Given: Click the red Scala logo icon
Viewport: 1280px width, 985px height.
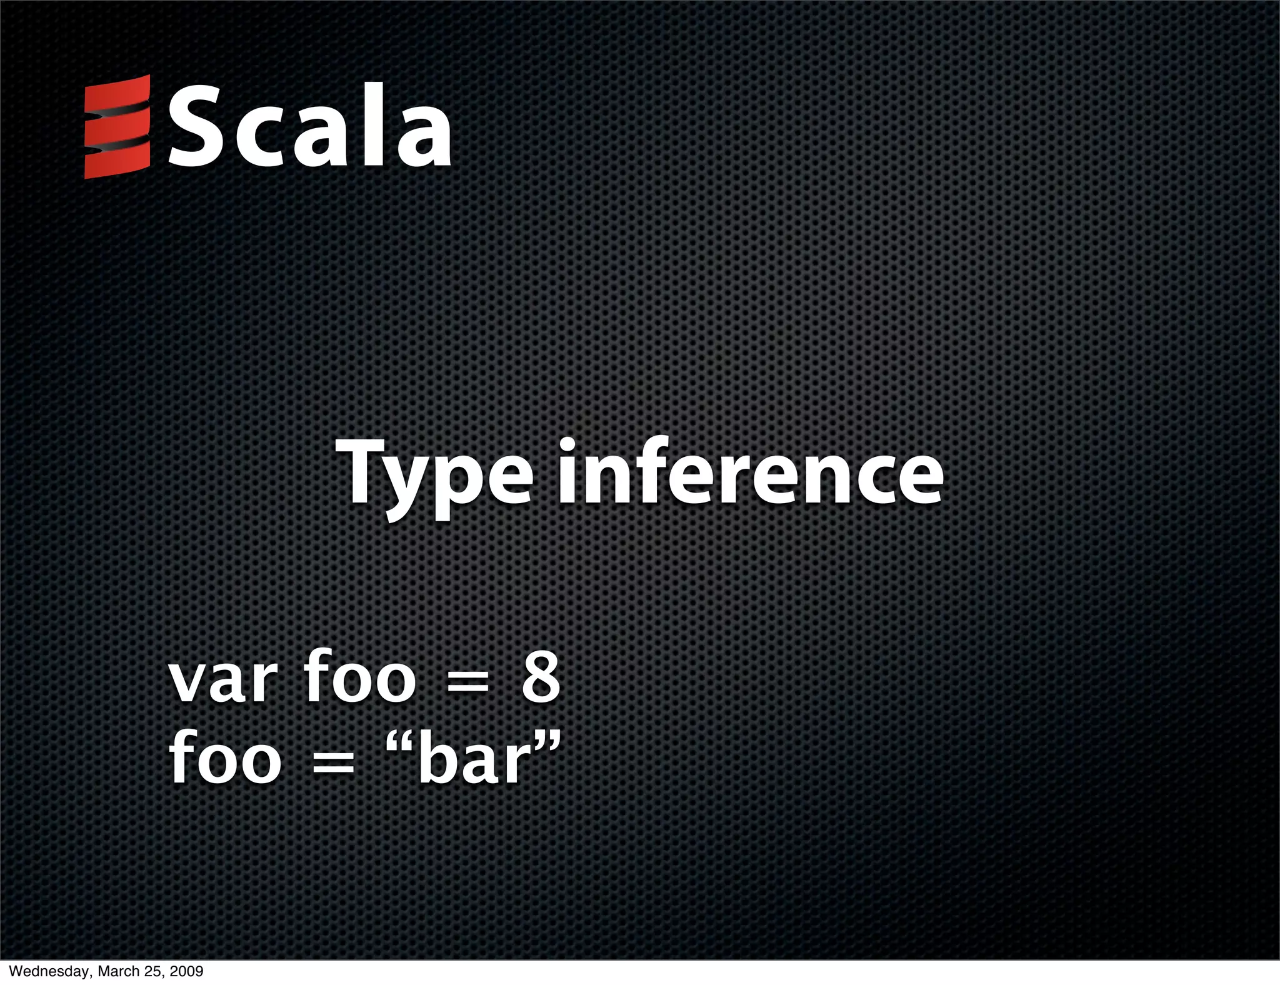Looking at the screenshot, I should point(117,127).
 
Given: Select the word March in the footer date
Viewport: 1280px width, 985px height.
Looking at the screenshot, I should point(116,971).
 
